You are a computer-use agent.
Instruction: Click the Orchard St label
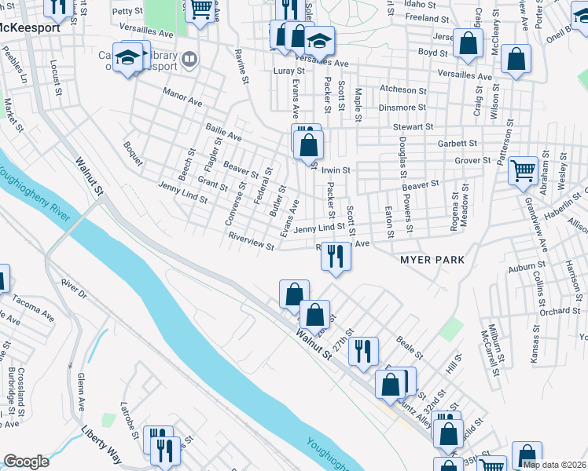pyautogui.click(x=560, y=311)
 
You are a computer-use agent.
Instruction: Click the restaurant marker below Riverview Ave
pyautogui.click(x=336, y=255)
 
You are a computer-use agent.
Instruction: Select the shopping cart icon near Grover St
pyautogui.click(x=522, y=170)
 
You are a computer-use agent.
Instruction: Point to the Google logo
pyautogui.click(x=26, y=462)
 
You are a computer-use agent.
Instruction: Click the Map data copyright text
pyautogui.click(x=554, y=465)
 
